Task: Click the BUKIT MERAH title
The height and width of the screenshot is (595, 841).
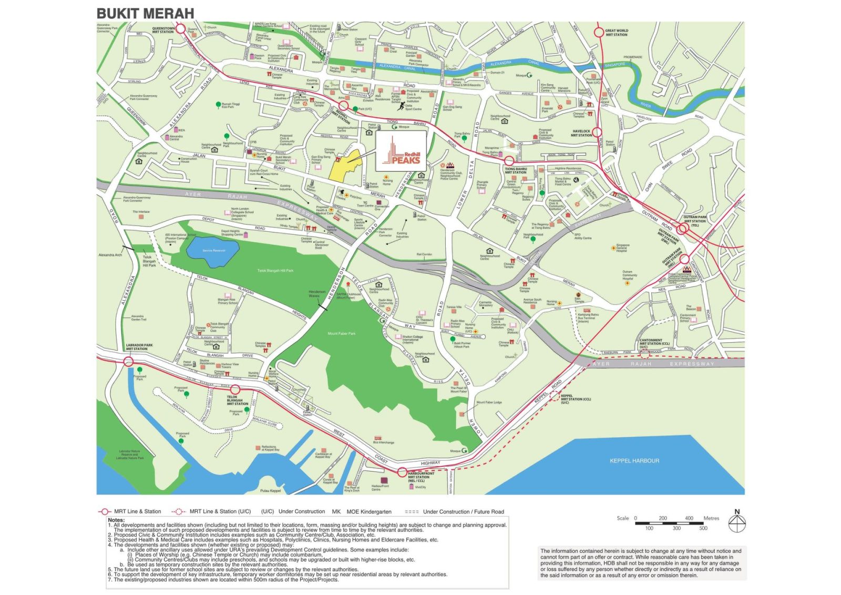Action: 145,13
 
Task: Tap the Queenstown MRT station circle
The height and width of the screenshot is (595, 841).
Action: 180,29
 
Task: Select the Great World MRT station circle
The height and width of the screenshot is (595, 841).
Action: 598,32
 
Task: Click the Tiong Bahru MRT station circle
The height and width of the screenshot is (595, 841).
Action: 509,161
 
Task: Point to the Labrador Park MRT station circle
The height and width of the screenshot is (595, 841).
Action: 129,361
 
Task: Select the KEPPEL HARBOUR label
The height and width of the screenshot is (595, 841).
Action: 634,461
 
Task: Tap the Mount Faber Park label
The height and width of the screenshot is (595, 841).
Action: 341,333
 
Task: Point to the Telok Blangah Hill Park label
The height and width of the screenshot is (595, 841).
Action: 275,271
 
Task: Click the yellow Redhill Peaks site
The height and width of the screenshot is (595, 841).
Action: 344,165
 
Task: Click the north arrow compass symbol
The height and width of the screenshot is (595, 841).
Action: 737,522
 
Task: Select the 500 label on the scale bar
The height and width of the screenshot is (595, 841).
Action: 703,528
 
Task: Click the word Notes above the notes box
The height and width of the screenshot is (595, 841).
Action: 116,520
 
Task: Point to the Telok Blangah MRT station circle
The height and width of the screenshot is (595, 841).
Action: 235,389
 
